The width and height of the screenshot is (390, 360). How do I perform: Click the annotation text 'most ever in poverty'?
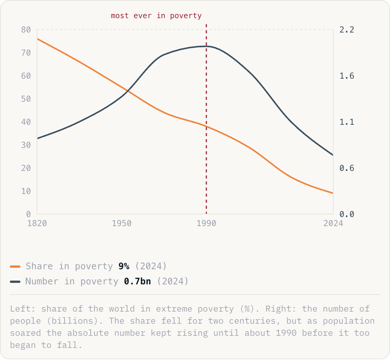point(156,16)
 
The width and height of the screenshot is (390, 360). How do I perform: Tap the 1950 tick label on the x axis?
point(122,223)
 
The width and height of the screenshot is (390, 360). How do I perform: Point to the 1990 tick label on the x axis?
point(206,223)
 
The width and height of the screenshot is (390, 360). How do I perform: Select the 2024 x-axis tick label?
point(333,223)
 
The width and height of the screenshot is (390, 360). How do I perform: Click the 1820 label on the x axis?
point(37,223)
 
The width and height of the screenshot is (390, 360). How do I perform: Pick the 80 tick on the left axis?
point(26,30)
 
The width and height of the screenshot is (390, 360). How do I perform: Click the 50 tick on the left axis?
point(26,99)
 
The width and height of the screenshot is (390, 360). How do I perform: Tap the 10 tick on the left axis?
point(26,191)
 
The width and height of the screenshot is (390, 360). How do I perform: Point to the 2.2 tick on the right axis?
point(347,30)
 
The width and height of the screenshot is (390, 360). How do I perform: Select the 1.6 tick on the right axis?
point(347,76)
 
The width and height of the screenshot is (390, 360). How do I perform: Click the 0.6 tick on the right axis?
point(347,168)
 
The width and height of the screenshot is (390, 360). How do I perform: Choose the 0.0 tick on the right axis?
point(347,214)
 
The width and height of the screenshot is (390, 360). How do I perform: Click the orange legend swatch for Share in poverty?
point(15,267)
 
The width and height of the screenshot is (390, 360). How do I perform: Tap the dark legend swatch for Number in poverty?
point(15,282)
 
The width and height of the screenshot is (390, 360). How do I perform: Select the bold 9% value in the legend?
point(124,266)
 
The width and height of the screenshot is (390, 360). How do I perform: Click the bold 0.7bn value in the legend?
point(138,281)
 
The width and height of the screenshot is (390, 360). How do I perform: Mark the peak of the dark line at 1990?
point(206,46)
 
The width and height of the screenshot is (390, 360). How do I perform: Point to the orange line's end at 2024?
point(333,193)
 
